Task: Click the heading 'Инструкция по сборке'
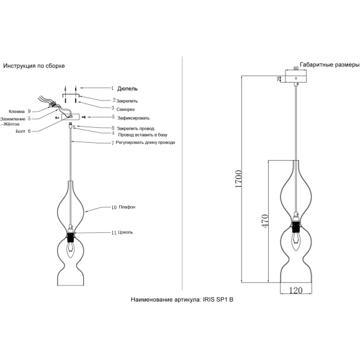click(x=34, y=66)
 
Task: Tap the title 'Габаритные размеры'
click(x=330, y=65)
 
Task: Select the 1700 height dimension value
click(x=238, y=179)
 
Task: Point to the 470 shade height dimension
click(x=265, y=221)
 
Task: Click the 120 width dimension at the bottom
click(x=295, y=290)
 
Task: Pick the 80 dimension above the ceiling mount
click(x=296, y=68)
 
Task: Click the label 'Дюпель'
click(x=127, y=89)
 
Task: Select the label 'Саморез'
click(x=125, y=109)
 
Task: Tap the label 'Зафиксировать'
click(x=133, y=118)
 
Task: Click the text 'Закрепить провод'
click(x=135, y=128)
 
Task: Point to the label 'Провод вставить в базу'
click(x=143, y=135)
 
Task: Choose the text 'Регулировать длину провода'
click(x=145, y=143)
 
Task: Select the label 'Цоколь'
click(x=125, y=232)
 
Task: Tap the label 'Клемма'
click(x=17, y=112)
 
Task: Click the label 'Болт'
click(x=20, y=132)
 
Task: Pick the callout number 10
click(x=114, y=207)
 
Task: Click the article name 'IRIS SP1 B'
click(x=218, y=300)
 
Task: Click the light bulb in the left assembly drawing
click(x=70, y=250)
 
